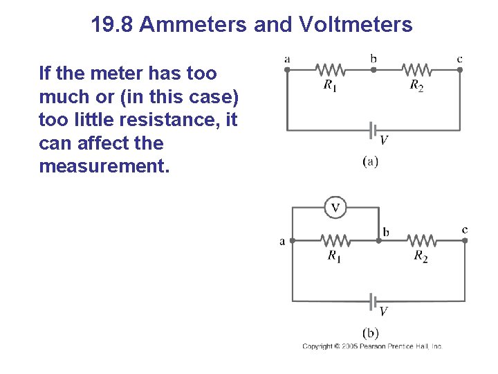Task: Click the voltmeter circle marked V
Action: click(x=335, y=207)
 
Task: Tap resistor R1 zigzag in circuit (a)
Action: click(x=330, y=69)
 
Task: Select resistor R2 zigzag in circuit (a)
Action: click(x=416, y=69)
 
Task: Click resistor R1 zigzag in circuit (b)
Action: click(x=335, y=240)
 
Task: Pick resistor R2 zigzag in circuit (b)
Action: click(x=421, y=240)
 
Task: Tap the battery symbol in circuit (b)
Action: click(x=373, y=301)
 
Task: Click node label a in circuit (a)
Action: click(x=287, y=59)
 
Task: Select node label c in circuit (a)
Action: click(x=460, y=59)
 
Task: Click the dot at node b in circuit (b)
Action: click(x=379, y=240)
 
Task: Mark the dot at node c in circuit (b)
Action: click(x=465, y=240)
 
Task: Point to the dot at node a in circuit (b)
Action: click(x=293, y=240)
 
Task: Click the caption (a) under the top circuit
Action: click(x=371, y=161)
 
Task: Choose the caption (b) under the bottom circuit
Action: click(x=371, y=333)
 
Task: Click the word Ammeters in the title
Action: click(x=195, y=26)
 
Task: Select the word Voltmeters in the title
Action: click(x=356, y=26)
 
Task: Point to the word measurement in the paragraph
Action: click(x=104, y=167)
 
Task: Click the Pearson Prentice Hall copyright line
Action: click(x=372, y=346)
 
